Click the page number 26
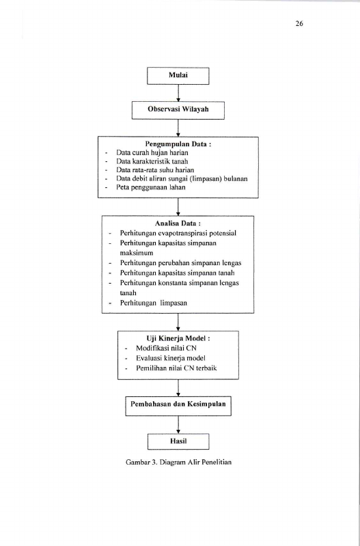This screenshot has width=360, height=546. (x=299, y=23)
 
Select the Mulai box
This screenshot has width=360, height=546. (x=178, y=76)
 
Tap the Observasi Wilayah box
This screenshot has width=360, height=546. (x=178, y=110)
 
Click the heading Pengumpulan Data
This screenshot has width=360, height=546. (x=178, y=144)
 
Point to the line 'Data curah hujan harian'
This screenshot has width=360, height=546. (x=152, y=152)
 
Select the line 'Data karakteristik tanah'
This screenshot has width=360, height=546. (x=152, y=161)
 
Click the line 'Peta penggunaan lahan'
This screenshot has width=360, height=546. (x=151, y=187)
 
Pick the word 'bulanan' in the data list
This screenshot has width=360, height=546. (x=236, y=178)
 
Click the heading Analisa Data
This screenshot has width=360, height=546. (x=178, y=223)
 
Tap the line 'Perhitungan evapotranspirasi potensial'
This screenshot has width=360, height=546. (x=178, y=233)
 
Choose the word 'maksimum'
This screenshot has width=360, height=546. (x=137, y=253)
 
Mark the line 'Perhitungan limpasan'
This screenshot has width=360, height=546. (x=154, y=303)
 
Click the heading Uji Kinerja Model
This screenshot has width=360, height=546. (x=178, y=338)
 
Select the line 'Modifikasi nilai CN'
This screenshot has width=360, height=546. (x=166, y=348)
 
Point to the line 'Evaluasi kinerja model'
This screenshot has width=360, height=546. (x=171, y=358)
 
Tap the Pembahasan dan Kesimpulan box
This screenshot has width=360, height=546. (x=178, y=406)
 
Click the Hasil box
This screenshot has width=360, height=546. (x=178, y=441)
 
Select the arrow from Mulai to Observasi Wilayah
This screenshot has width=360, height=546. (x=178, y=93)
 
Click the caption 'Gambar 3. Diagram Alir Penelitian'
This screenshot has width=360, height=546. (x=178, y=462)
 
